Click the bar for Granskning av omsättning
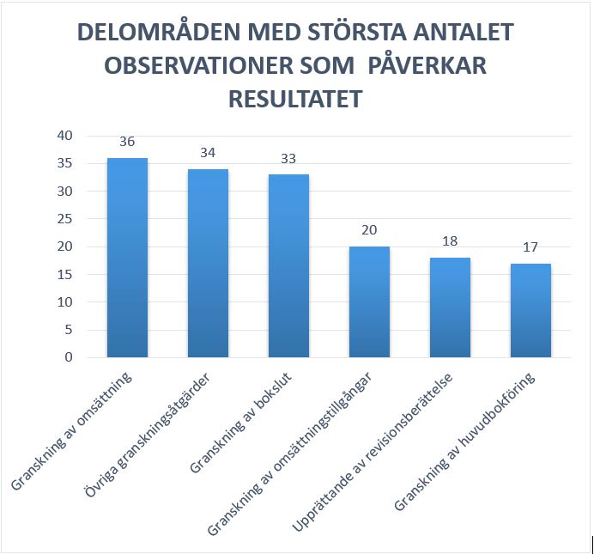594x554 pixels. pos(127,258)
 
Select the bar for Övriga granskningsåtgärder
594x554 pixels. pos(208,263)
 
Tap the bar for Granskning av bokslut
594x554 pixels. pos(288,265)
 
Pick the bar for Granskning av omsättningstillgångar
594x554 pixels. pos(369,301)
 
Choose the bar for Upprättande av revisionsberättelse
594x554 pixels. pos(450,307)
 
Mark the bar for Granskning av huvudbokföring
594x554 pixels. pos(530,310)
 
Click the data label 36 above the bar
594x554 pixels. pos(127,142)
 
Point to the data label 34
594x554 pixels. pos(208,153)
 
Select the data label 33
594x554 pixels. pos(288,158)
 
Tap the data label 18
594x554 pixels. pos(450,241)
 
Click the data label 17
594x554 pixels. pos(530,247)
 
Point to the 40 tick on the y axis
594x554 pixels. pos(66,136)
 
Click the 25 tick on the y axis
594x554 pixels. pos(66,219)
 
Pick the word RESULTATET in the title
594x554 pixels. pos(295,99)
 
